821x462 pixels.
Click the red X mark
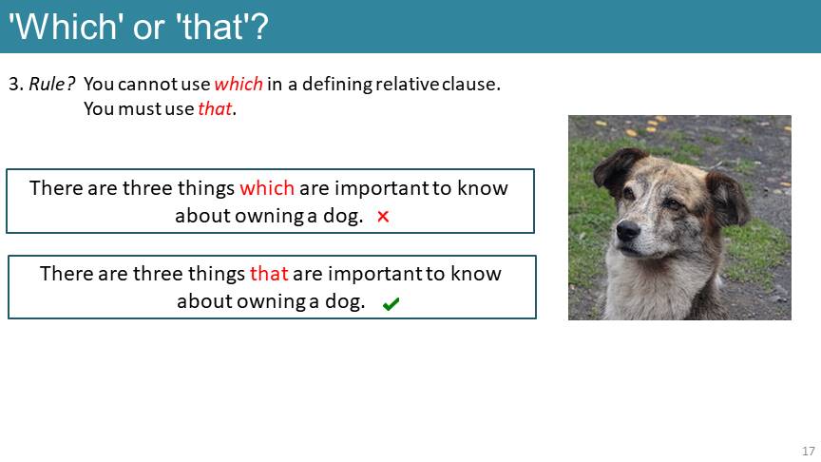click(383, 217)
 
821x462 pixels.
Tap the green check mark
click(391, 304)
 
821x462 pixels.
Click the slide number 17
click(809, 451)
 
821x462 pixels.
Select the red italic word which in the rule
click(239, 84)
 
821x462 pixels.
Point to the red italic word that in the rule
click(215, 108)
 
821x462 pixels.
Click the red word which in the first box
click(267, 188)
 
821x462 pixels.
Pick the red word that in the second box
click(269, 274)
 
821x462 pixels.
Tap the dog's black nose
click(628, 230)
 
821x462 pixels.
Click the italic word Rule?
click(52, 84)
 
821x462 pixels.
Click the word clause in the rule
click(470, 84)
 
